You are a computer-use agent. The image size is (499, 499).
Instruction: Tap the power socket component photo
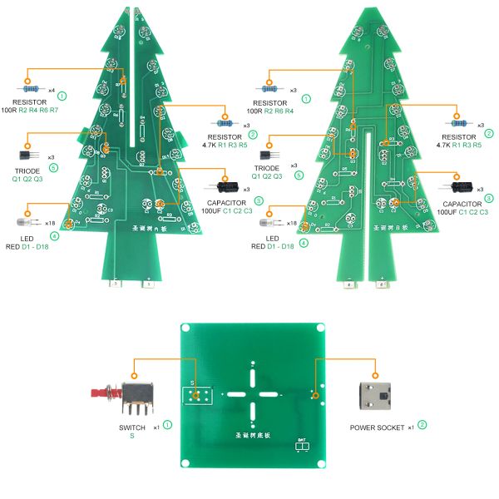click(x=378, y=397)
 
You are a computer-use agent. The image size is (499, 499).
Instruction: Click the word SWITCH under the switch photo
click(x=132, y=427)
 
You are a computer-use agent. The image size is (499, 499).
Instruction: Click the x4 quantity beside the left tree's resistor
click(x=52, y=89)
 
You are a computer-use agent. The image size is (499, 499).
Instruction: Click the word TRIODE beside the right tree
click(x=267, y=168)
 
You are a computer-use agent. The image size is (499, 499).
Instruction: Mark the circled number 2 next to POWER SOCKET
click(x=422, y=425)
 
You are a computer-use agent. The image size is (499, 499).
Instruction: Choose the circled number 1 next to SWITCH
click(x=168, y=425)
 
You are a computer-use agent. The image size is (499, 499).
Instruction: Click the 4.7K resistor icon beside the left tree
click(x=224, y=122)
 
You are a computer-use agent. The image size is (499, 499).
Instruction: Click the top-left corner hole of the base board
click(x=188, y=329)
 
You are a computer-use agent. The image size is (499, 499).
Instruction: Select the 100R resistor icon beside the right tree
click(x=271, y=89)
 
